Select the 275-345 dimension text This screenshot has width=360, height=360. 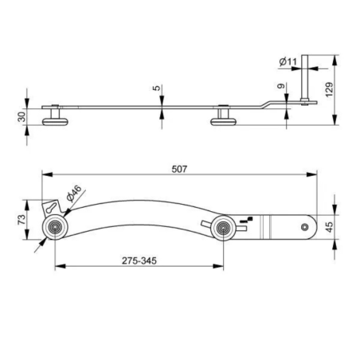pos(140,259)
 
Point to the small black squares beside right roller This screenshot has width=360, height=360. pos(248,220)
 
